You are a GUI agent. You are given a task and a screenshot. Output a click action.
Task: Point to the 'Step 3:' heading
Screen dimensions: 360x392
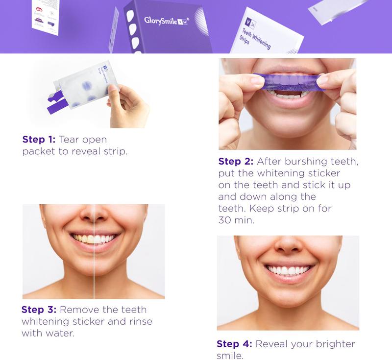[39, 310]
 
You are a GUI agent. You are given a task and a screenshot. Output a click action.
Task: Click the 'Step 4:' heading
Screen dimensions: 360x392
[234, 344]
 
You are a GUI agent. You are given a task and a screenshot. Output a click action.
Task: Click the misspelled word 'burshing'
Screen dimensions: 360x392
[305, 162]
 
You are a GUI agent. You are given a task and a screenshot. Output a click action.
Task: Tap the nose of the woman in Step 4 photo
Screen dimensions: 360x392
[288, 249]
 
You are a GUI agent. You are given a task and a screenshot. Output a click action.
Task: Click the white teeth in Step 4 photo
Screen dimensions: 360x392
[288, 270]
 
